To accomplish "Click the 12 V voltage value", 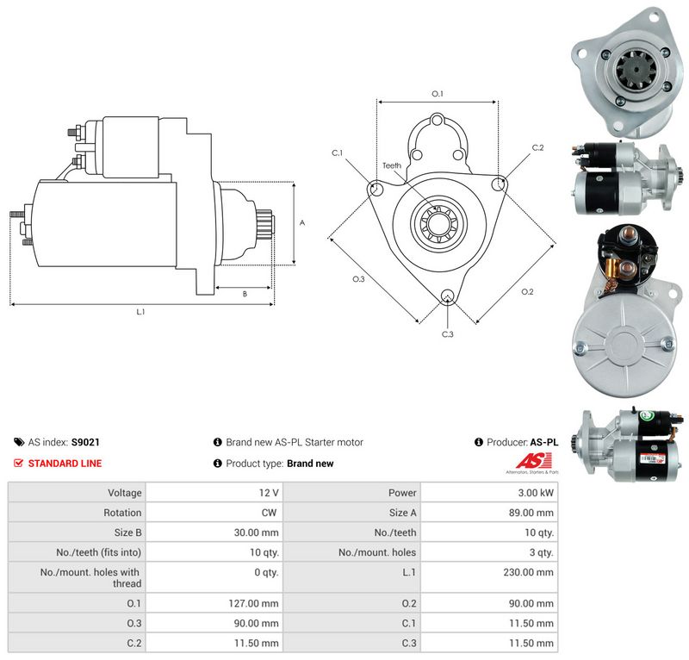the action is [269, 493].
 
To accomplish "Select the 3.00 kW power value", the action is [536, 493].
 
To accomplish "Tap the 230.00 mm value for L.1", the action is [529, 572].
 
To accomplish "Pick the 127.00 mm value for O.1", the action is [253, 603].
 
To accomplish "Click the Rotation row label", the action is [122, 513].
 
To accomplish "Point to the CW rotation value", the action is [269, 513].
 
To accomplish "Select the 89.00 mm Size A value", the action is [531, 513].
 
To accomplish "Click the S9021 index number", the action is [85, 442].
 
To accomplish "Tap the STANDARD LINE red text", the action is [65, 463].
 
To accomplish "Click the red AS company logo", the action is [533, 461].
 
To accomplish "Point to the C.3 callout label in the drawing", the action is [447, 334].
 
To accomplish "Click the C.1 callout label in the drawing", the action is [337, 153].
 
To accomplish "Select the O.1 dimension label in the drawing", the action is [438, 94].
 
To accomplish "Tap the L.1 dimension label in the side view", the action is [140, 312].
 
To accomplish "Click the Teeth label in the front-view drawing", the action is [392, 165].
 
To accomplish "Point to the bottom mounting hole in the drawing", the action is [447, 296].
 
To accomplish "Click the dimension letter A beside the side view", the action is [302, 223].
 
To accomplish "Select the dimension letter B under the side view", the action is [245, 294].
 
